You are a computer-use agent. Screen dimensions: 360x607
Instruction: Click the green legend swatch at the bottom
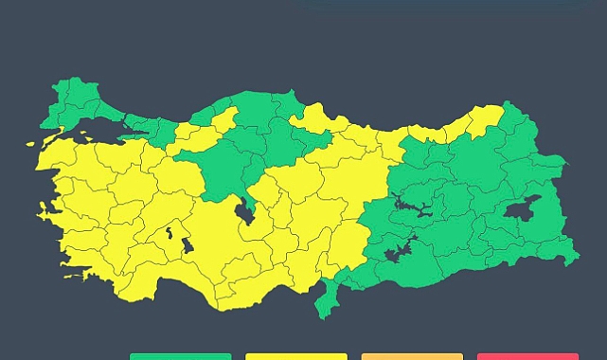(180, 356)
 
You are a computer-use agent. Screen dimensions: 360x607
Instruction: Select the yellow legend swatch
(296, 356)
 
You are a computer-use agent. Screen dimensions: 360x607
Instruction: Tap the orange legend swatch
(412, 356)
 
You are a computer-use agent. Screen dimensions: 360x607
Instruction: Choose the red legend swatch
(527, 356)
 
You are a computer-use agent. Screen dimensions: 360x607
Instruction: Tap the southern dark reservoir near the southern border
(399, 252)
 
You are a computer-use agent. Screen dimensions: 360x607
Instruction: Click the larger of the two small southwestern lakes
(187, 245)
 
